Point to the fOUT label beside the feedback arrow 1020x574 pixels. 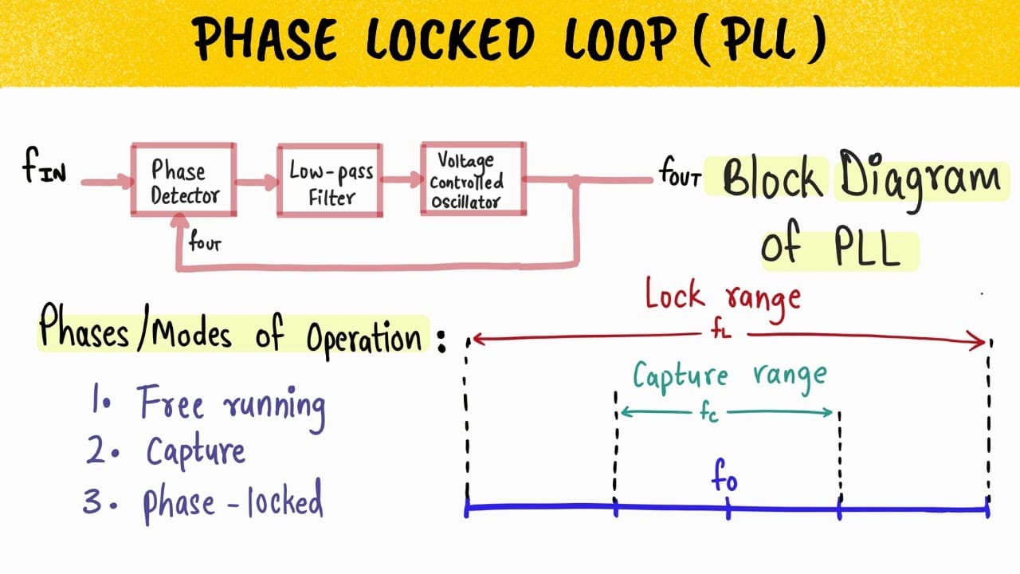(205, 241)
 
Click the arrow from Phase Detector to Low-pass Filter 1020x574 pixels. (257, 183)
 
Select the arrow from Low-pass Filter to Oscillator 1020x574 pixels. (402, 179)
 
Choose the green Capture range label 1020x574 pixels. (730, 377)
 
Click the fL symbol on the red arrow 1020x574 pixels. (721, 332)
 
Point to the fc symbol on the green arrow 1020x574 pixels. (709, 414)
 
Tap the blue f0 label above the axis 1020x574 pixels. (724, 476)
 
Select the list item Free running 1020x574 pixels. (232, 407)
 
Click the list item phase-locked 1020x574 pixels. (233, 502)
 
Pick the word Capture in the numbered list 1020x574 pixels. (196, 452)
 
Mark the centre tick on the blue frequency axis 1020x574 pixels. (728, 509)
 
